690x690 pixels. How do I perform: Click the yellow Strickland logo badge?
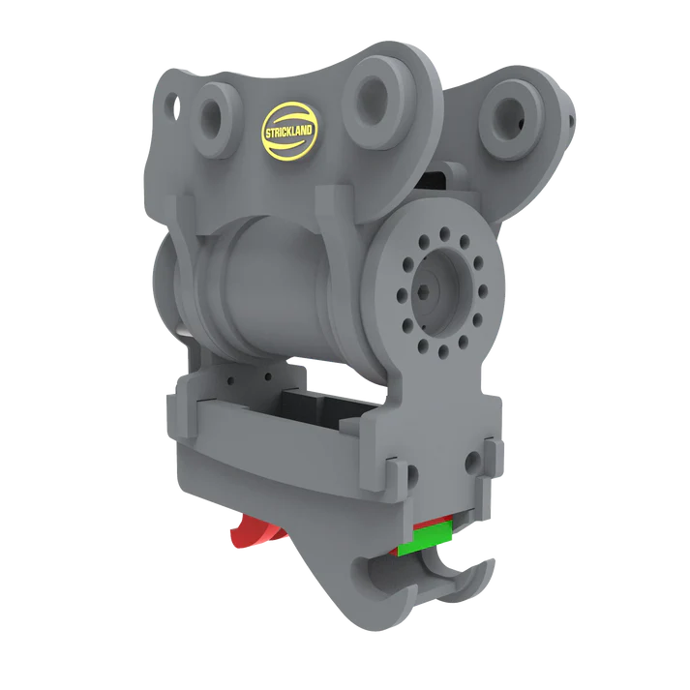click(288, 131)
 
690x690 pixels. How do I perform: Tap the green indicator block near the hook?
click(425, 537)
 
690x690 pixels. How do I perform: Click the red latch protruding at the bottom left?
click(257, 533)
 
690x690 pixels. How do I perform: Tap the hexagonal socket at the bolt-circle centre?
click(424, 291)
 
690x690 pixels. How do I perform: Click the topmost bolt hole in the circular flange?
click(444, 232)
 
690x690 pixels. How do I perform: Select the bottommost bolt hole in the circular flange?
click(443, 350)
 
